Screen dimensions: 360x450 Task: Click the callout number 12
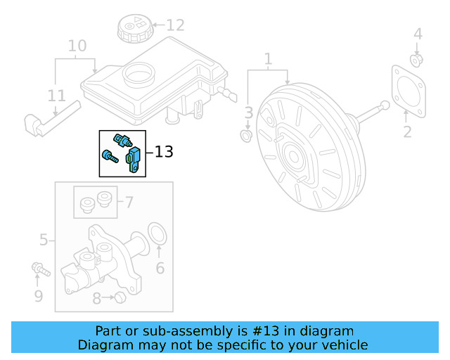[174, 25]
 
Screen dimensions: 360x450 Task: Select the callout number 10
[77, 46]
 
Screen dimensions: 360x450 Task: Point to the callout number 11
[57, 96]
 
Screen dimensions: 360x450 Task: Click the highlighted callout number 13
[163, 151]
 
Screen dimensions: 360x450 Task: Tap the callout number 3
[248, 112]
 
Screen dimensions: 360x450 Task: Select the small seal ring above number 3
[246, 134]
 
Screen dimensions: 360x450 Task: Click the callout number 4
[418, 34]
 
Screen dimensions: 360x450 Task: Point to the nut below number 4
[416, 60]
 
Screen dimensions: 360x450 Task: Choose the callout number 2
[406, 131]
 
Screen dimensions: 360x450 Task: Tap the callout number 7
[129, 202]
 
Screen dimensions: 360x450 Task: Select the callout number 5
[44, 240]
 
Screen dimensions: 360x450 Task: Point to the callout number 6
[160, 268]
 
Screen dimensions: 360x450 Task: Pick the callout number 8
[96, 298]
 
